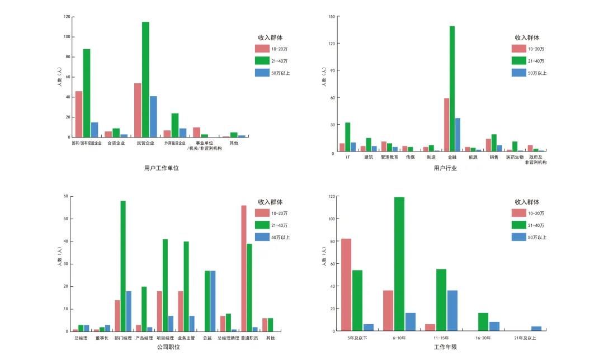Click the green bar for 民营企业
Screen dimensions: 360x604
click(145, 79)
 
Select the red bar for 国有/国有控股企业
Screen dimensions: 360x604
click(79, 114)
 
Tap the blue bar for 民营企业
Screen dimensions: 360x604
click(153, 116)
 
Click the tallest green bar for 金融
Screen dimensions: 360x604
click(452, 89)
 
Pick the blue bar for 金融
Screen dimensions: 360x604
click(457, 135)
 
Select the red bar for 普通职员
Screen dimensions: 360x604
click(244, 268)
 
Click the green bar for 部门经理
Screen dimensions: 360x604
click(123, 266)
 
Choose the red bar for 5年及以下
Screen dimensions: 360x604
click(346, 285)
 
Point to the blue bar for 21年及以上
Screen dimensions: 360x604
click(536, 329)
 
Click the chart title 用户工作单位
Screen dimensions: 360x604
click(157, 168)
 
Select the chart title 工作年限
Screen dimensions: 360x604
click(445, 347)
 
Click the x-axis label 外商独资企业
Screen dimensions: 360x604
click(175, 143)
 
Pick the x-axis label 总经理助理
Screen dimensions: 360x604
click(228, 338)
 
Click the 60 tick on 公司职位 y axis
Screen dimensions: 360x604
click(65, 197)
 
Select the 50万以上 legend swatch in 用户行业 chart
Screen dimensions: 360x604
click(519, 73)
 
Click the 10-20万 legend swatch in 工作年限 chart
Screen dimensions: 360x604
click(519, 213)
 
